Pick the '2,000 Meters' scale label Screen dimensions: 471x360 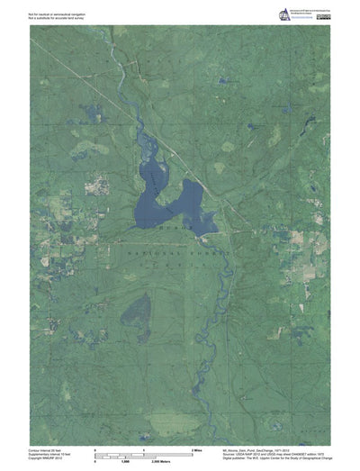coord(162,459)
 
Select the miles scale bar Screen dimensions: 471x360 coord(144,452)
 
